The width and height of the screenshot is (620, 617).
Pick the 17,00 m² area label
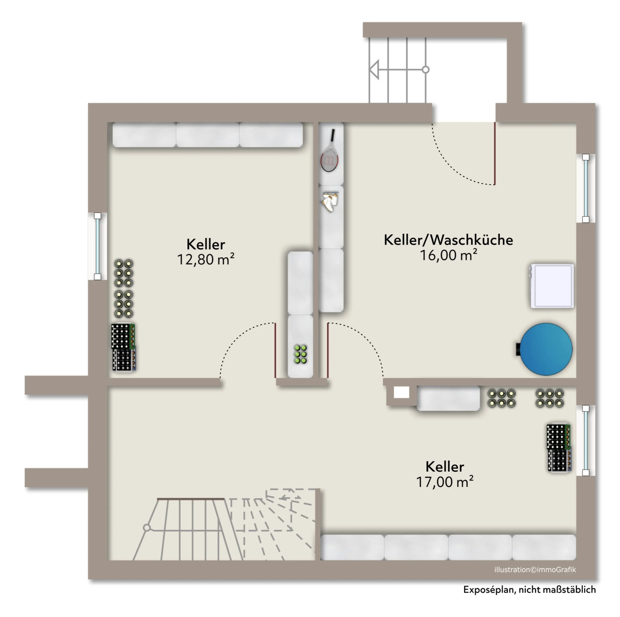coord(445,482)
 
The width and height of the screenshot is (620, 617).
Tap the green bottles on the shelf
coord(301,354)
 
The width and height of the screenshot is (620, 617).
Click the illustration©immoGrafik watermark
coord(535,569)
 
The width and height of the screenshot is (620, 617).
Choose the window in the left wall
coord(97,246)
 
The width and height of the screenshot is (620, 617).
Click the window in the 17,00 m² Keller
coord(586,440)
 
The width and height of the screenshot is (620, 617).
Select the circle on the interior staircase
coord(147,527)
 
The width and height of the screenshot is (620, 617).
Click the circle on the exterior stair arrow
coord(426,69)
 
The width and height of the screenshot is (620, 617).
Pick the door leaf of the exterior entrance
coord(495,153)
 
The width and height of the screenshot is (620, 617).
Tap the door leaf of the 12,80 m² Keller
coord(275,350)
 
